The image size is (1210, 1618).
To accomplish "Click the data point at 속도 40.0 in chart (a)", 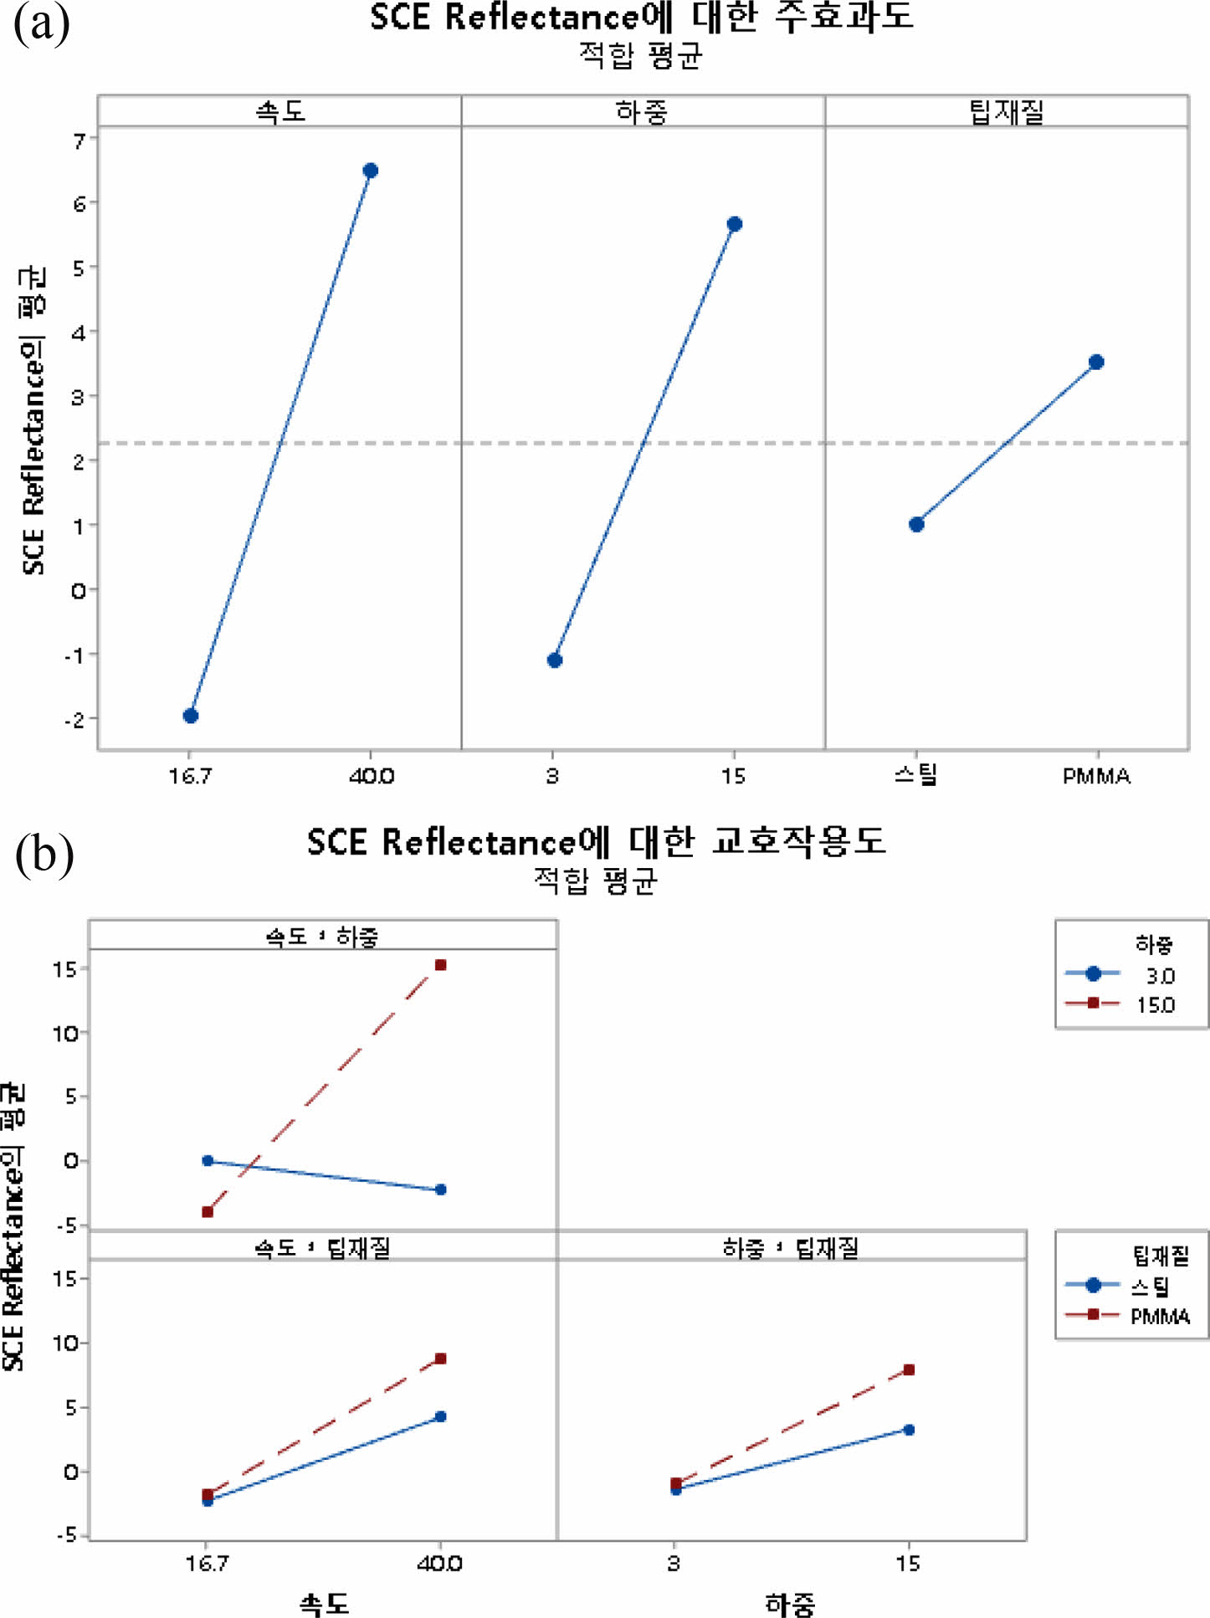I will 370,171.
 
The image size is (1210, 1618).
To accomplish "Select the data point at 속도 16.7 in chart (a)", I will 191,716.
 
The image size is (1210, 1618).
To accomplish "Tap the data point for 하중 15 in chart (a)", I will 734,224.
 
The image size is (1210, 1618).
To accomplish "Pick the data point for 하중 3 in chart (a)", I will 554,660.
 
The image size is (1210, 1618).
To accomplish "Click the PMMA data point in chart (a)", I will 1096,362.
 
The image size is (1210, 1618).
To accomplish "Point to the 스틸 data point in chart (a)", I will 916,525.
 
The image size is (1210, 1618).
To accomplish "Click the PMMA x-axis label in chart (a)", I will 1096,777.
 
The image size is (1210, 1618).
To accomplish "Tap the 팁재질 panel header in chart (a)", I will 1007,111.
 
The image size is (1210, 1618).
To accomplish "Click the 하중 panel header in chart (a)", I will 642,111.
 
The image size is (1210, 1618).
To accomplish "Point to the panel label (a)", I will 42,23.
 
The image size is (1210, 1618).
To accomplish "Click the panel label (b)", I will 44,855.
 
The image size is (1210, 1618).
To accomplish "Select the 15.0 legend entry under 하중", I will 1155,1004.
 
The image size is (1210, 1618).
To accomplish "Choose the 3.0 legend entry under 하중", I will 1160,976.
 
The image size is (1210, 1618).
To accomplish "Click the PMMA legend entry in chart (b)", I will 1160,1317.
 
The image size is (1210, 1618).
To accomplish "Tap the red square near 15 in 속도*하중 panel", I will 441,965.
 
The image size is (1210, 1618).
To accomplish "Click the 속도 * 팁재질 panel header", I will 322,1248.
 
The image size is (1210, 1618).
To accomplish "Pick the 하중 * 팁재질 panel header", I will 791,1248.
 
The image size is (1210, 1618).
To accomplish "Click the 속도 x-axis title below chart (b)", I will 324,1604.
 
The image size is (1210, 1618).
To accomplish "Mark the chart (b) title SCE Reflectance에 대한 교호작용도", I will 596,842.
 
